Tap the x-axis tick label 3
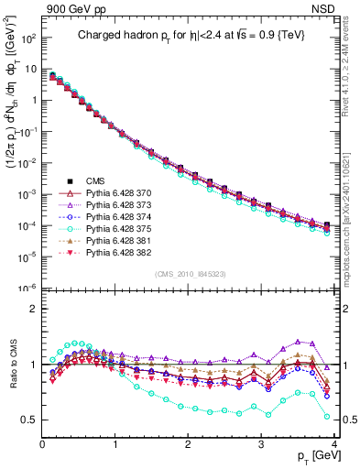261,445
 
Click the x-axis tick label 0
42,445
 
